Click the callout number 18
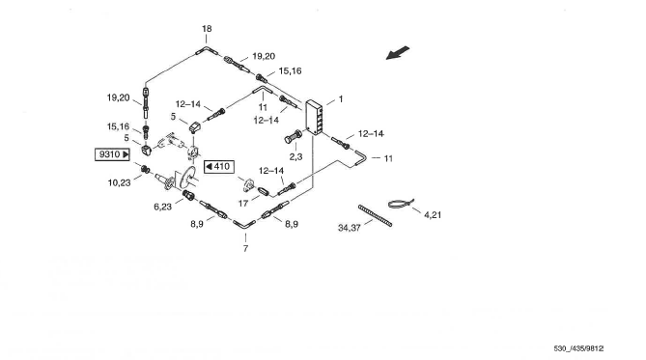point(207,29)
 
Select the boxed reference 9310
point(112,154)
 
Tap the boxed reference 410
point(219,166)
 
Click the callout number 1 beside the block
point(341,99)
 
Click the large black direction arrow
point(398,53)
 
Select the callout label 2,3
point(295,156)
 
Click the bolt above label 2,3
point(293,136)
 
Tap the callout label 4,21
point(433,214)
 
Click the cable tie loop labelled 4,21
point(401,204)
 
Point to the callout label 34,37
point(349,228)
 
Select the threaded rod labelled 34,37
point(375,215)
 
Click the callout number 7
point(245,248)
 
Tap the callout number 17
point(243,204)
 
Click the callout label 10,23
point(119,182)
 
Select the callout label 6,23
point(163,207)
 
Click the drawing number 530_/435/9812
point(578,348)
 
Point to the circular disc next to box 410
point(187,178)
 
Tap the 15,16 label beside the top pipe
point(290,70)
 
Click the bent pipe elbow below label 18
point(207,50)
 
